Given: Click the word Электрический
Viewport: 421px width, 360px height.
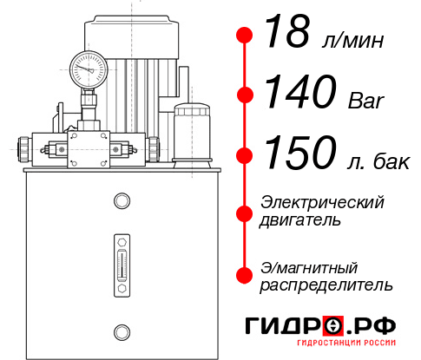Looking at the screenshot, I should coord(322,201).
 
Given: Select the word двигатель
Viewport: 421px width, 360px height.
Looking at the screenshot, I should coord(300,219).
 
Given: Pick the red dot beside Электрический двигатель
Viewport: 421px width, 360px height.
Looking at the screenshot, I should coord(245,211).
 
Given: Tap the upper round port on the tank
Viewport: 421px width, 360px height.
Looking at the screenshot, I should coord(121,201).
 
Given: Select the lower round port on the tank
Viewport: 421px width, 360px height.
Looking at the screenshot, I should coord(121,331).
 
